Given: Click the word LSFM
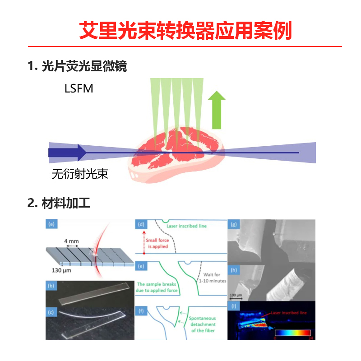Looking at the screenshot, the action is pos(79,88).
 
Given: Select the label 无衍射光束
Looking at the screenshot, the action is pos(80,174).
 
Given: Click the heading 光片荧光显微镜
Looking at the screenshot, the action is pos(84,66).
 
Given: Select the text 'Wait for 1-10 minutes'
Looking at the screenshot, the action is pos(212,277).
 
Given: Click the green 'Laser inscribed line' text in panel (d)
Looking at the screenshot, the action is pos(186,226).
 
